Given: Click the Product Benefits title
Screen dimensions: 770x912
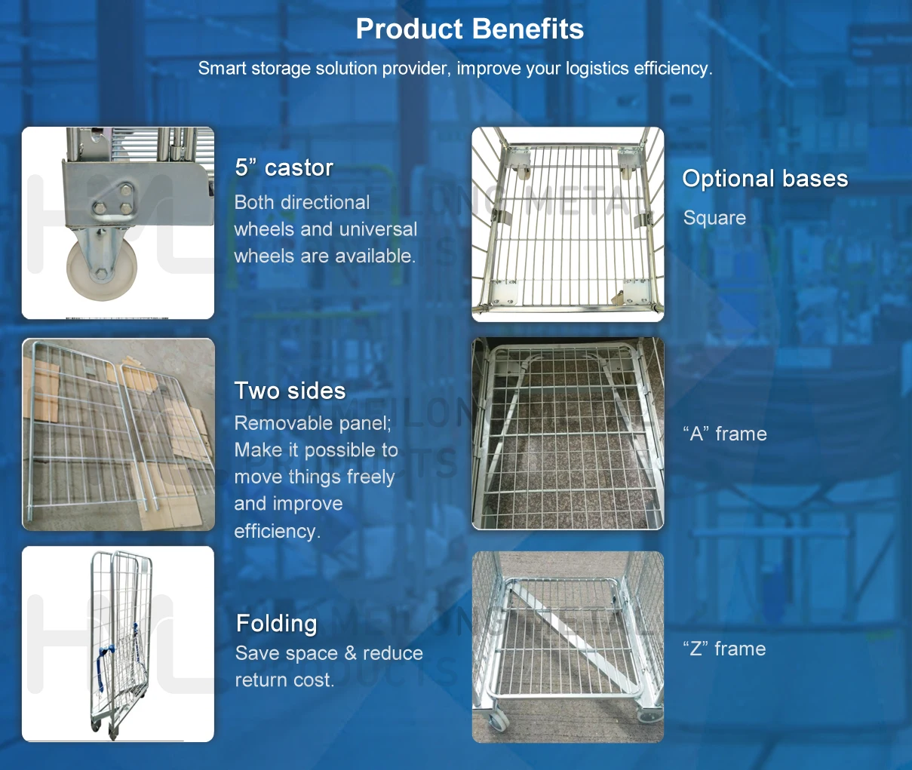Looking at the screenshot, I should (469, 29).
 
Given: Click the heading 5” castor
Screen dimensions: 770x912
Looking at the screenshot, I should (284, 167).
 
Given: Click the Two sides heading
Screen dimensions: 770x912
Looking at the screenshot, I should (290, 391).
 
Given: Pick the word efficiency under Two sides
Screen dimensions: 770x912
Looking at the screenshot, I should (276, 531).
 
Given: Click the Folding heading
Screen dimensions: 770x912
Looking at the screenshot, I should (276, 624).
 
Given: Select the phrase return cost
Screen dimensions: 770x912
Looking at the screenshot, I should (284, 680).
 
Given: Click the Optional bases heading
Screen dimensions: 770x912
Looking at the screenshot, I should (765, 179).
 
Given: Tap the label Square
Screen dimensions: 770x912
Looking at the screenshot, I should (714, 218).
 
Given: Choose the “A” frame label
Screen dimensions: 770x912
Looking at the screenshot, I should (725, 434).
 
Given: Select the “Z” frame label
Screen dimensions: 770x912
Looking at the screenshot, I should (724, 649).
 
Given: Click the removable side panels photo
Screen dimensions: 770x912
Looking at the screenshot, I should (118, 434).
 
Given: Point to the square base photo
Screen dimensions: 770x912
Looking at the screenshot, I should (568, 224).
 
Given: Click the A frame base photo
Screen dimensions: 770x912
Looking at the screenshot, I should (568, 434).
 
